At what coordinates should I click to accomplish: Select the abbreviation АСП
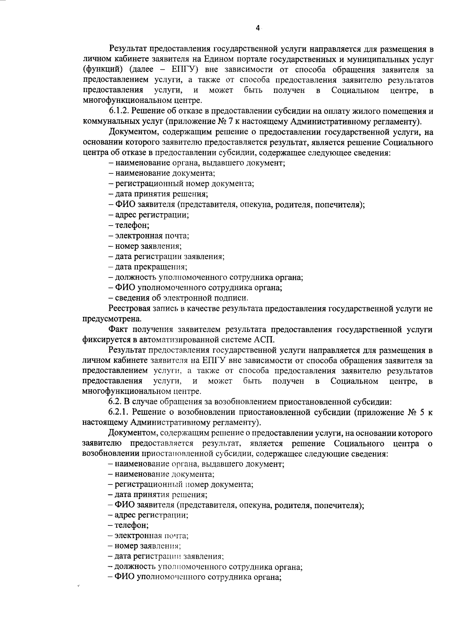click(x=265, y=340)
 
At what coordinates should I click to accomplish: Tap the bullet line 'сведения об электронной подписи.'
click(x=178, y=298)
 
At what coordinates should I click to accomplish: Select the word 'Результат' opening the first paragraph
click(x=128, y=49)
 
